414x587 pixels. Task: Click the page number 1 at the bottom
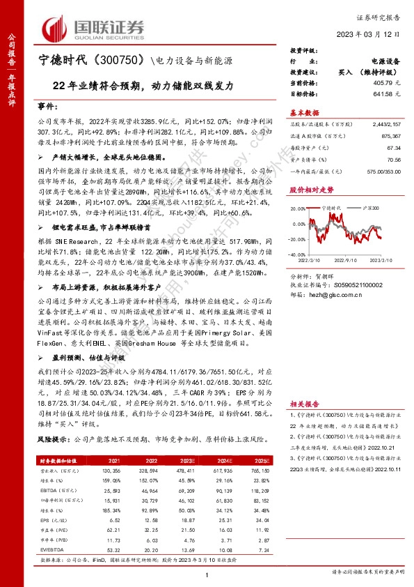coord(207,574)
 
